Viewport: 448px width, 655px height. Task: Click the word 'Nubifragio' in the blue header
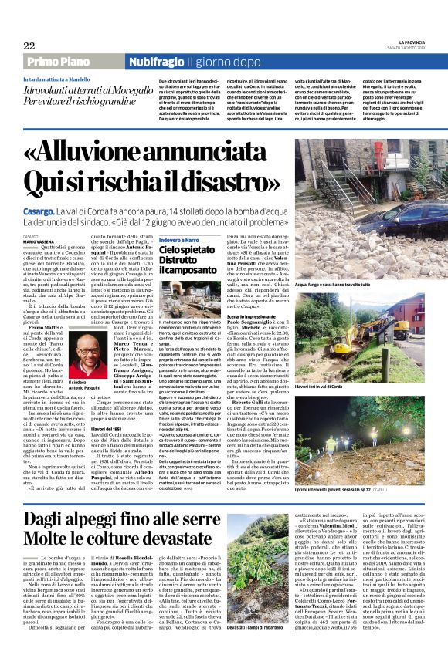(157, 62)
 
